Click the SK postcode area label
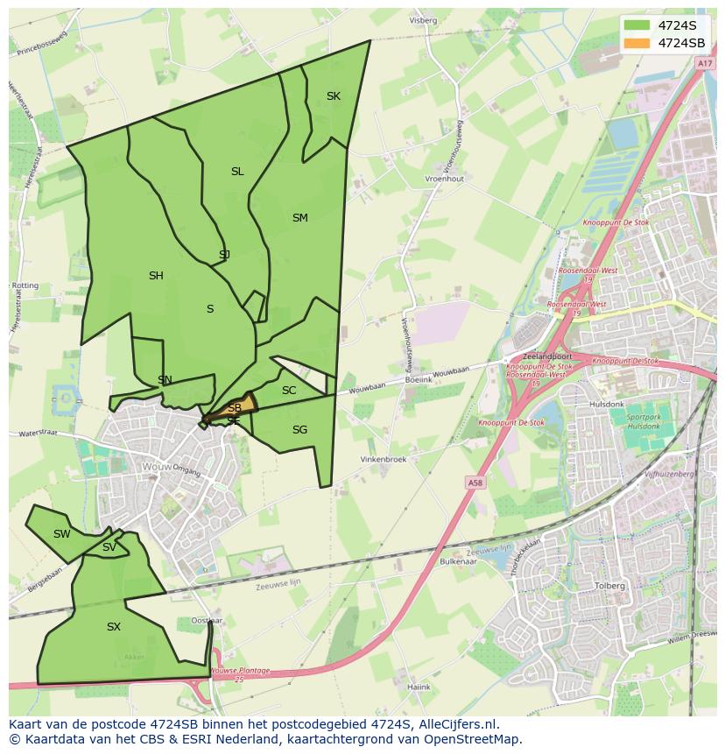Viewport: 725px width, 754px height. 333,96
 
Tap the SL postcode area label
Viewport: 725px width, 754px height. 237,172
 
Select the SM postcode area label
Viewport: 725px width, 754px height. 299,218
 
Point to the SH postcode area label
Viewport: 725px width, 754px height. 156,276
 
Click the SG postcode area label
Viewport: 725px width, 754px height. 299,430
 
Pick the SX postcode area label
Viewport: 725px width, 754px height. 113,627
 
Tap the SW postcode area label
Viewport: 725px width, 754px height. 61,534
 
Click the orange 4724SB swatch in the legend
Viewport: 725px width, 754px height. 637,43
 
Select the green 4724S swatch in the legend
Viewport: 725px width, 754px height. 637,25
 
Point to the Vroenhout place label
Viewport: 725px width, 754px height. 444,179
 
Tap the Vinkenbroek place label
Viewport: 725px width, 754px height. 384,459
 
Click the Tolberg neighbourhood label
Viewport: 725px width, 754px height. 609,586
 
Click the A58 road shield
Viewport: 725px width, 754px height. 475,483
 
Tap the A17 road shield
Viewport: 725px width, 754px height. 705,64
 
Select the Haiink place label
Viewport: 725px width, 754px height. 419,687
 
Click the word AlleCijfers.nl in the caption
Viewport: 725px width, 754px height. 457,724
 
